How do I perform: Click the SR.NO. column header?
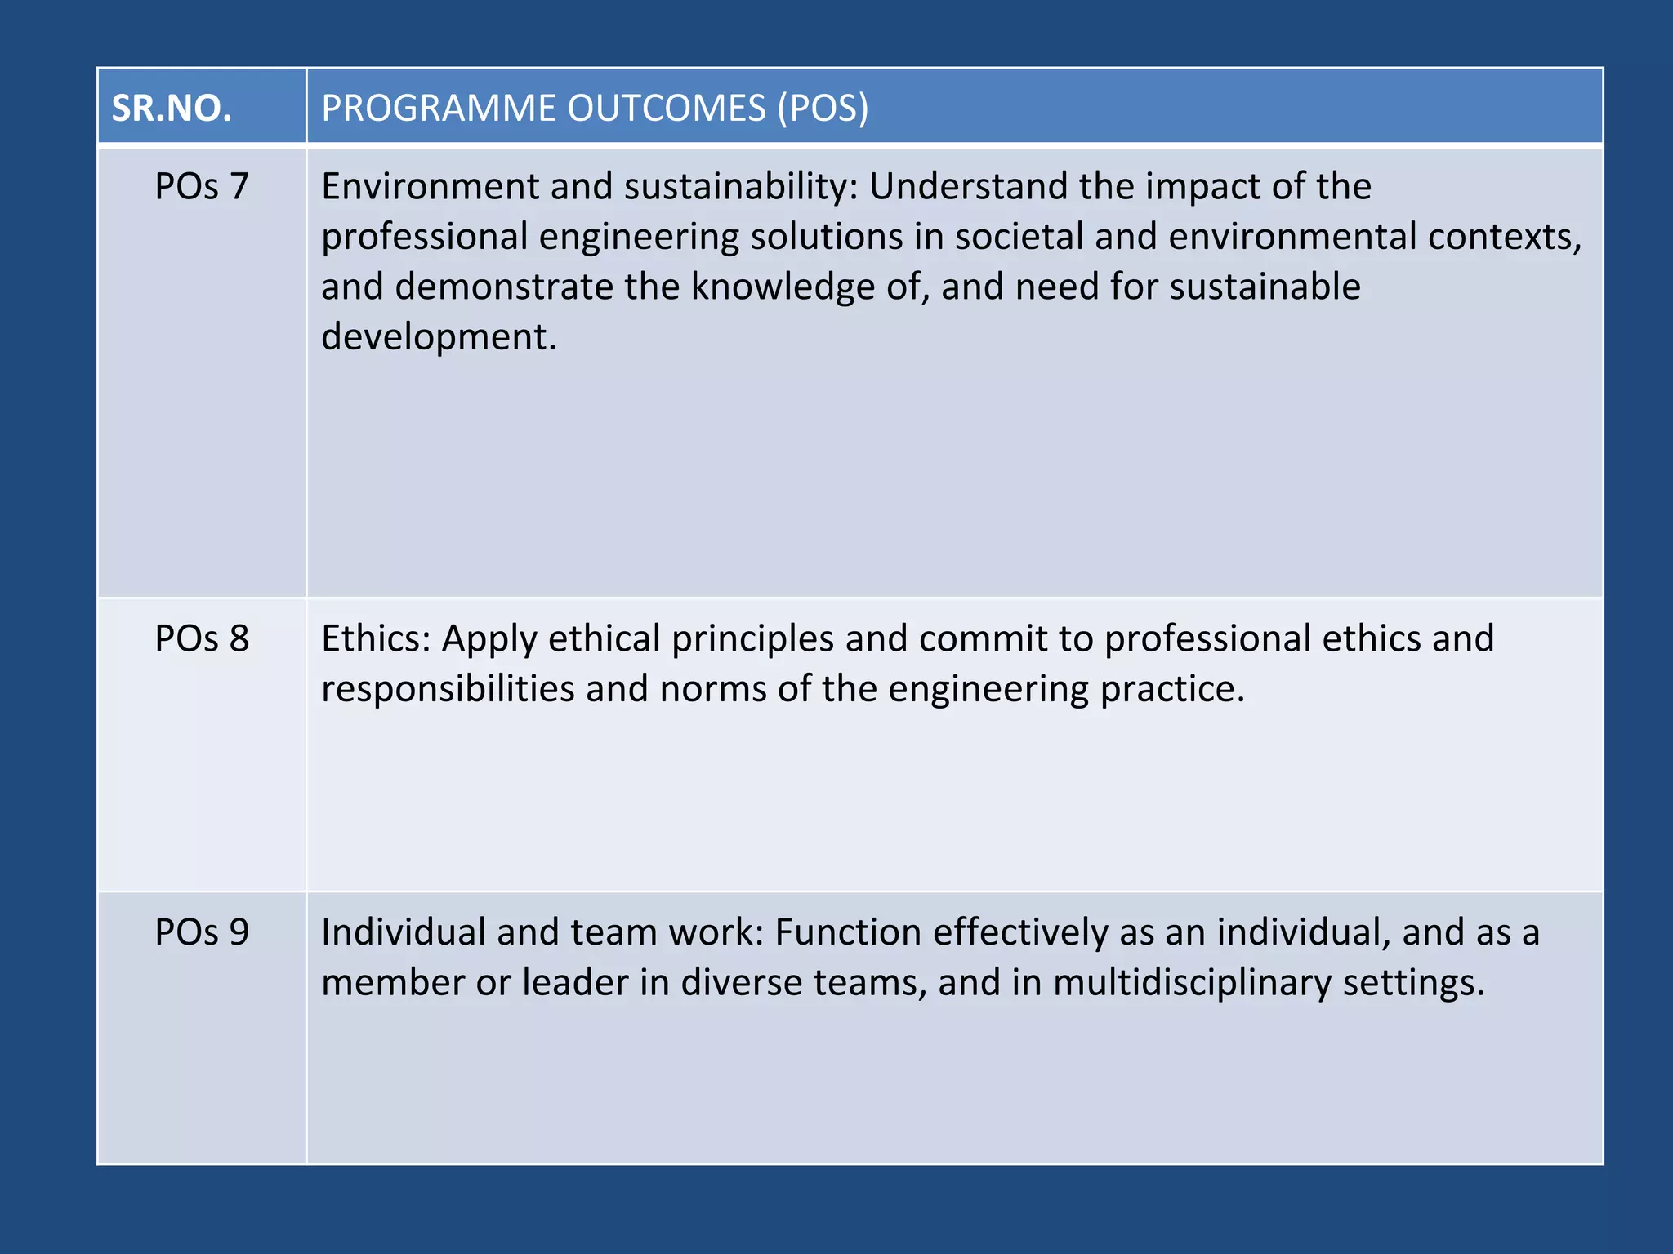pos(172,109)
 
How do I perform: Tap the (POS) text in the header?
pos(823,109)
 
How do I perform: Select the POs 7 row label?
pos(202,187)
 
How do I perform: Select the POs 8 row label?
pos(202,638)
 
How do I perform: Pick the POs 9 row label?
pos(202,932)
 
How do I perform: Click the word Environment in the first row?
pos(430,187)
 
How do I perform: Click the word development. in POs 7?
pos(439,337)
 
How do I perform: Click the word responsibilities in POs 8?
pos(448,689)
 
